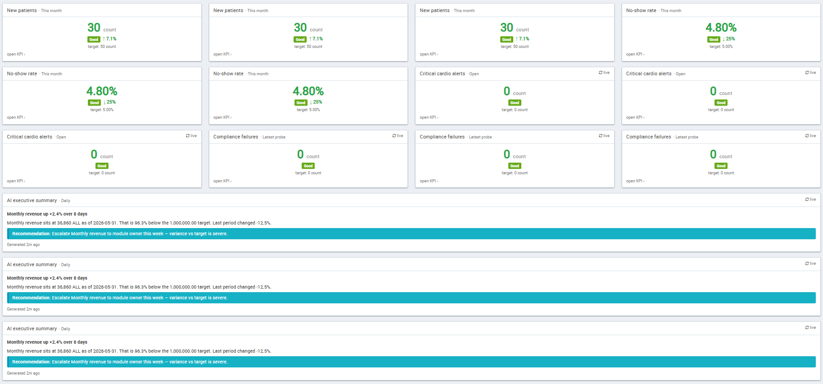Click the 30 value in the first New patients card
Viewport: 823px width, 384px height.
click(94, 28)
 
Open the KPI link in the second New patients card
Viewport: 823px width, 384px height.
click(222, 54)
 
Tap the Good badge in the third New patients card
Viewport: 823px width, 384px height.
click(507, 39)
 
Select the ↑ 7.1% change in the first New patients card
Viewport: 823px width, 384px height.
click(109, 39)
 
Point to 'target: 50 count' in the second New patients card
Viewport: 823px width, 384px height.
click(308, 47)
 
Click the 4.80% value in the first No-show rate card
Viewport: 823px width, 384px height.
click(102, 91)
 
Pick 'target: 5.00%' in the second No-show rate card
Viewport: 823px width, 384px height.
click(308, 110)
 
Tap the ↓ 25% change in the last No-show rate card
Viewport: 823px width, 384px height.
click(728, 39)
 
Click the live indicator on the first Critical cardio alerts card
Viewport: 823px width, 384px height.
click(604, 73)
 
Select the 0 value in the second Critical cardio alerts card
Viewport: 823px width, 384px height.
click(713, 91)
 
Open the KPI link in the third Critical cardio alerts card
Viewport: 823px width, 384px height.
click(16, 181)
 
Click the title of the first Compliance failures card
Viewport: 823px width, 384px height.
click(236, 137)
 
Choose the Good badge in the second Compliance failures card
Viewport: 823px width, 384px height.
click(515, 166)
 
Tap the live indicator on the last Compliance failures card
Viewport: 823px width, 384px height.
click(810, 136)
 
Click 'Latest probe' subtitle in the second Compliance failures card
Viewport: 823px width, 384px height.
click(481, 137)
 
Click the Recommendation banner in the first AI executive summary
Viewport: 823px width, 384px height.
click(411, 233)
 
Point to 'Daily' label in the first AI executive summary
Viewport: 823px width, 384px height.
click(65, 201)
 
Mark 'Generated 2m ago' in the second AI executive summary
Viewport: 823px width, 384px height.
click(23, 309)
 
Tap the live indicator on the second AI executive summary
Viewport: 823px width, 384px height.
click(810, 263)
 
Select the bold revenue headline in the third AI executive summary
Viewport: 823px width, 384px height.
click(47, 342)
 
